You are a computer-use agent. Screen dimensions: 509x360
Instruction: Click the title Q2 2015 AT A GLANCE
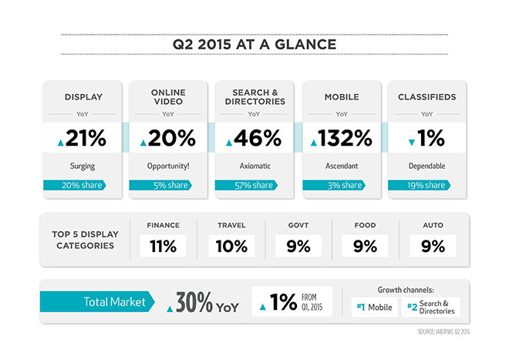coord(254,45)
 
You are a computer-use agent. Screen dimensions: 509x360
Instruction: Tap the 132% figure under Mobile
coord(345,138)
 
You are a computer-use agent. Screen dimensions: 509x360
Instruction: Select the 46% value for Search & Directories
coord(258,138)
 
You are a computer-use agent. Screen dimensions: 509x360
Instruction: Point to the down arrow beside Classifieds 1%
coord(412,142)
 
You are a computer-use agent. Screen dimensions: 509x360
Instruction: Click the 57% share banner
coord(246,185)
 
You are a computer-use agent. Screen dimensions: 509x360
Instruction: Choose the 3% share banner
coord(334,185)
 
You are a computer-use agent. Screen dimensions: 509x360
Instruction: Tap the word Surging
coord(83,167)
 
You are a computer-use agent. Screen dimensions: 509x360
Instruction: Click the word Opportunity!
coord(168,167)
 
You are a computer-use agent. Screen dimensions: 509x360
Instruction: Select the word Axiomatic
coord(254,166)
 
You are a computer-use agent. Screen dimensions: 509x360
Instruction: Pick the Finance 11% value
coord(163,246)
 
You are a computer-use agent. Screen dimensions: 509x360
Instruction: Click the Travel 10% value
coord(231,246)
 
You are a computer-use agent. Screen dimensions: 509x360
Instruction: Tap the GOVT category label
coord(298,225)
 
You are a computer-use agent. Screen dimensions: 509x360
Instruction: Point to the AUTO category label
coord(433,225)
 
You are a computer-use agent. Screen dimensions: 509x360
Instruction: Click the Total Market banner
coord(97,301)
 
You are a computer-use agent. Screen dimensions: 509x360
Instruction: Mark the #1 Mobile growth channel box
coord(374,307)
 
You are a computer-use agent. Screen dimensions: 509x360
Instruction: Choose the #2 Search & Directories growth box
coord(431,307)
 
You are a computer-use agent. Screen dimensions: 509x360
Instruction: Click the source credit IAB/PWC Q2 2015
coord(443,331)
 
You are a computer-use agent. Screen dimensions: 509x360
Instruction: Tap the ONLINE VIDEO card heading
coord(168,96)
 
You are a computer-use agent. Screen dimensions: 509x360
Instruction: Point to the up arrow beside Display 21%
coord(61,143)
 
